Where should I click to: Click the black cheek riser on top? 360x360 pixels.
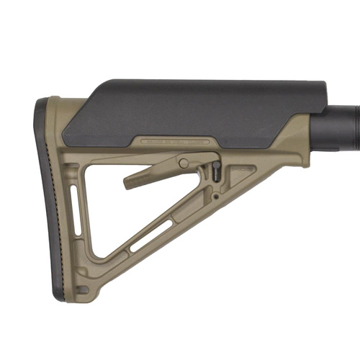tap(194, 108)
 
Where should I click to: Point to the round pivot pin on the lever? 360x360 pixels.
tap(184, 163)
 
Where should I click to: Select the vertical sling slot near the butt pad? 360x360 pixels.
tap(73, 205)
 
